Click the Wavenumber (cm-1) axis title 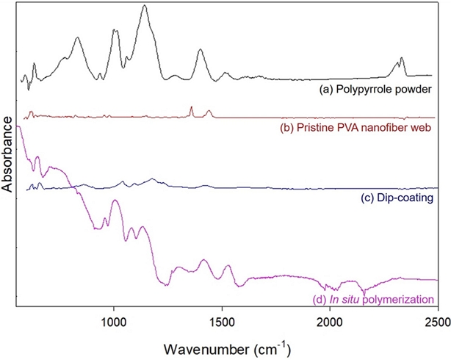226,346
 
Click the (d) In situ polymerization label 370,299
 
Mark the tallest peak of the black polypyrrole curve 144,6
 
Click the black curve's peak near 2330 401,58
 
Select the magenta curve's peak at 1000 114,200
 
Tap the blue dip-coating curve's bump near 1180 152,179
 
